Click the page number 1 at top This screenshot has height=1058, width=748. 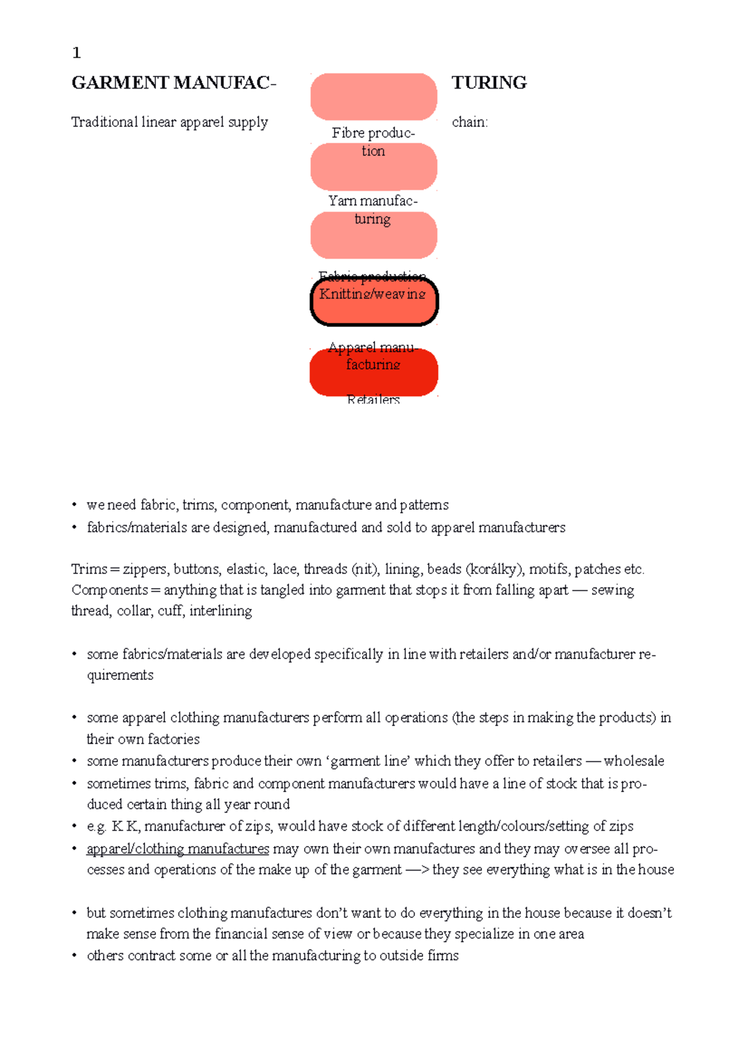pyautogui.click(x=77, y=53)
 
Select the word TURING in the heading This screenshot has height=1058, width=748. pyautogui.click(x=489, y=83)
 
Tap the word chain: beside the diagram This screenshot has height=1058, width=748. pyautogui.click(x=469, y=122)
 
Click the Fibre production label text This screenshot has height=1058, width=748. pyautogui.click(x=373, y=141)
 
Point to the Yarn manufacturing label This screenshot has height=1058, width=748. pyautogui.click(x=373, y=209)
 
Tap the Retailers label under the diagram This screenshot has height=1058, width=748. pyautogui.click(x=373, y=399)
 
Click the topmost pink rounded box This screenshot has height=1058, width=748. pyautogui.click(x=374, y=97)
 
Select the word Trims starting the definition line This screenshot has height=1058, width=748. pyautogui.click(x=89, y=569)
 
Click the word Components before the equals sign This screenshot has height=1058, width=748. pyautogui.click(x=110, y=590)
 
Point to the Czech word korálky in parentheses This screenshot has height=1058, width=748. pyautogui.click(x=496, y=569)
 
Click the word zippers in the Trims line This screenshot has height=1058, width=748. pyautogui.click(x=145, y=569)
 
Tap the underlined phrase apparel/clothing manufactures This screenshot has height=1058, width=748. pyautogui.click(x=178, y=849)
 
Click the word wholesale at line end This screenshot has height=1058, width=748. pyautogui.click(x=633, y=761)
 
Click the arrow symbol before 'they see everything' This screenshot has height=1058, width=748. pyautogui.click(x=417, y=870)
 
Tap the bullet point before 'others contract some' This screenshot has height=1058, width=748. pyautogui.click(x=74, y=955)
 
